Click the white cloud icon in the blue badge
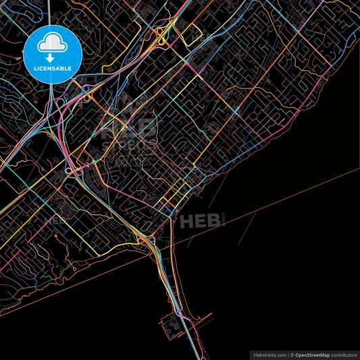point(53,45)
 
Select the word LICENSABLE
point(53,69)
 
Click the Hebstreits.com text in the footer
point(269,354)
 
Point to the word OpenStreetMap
point(312,354)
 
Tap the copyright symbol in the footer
point(292,354)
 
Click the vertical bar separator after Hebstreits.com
point(287,354)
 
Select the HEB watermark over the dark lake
point(196,220)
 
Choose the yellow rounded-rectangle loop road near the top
point(191,32)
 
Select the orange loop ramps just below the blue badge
point(87,97)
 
